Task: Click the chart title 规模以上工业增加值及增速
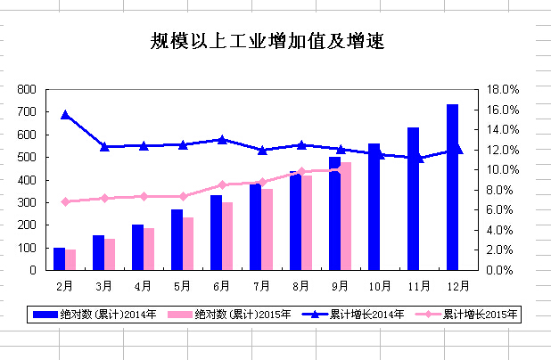pyautogui.click(x=267, y=41)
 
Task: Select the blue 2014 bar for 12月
pyautogui.click(x=452, y=187)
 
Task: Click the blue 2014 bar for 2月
pyautogui.click(x=59, y=258)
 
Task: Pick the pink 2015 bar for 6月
pyautogui.click(x=227, y=236)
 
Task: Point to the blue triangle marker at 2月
pyautogui.click(x=65, y=114)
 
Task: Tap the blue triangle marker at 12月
pyautogui.click(x=457, y=150)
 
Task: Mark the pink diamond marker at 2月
pyautogui.click(x=65, y=201)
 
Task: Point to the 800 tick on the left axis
pyautogui.click(x=27, y=90)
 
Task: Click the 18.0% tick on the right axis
pyautogui.click(x=498, y=90)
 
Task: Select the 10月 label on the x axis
pyautogui.click(x=379, y=286)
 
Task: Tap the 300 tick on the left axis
pyautogui.click(x=27, y=202)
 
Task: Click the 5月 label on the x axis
pyautogui.click(x=183, y=286)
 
